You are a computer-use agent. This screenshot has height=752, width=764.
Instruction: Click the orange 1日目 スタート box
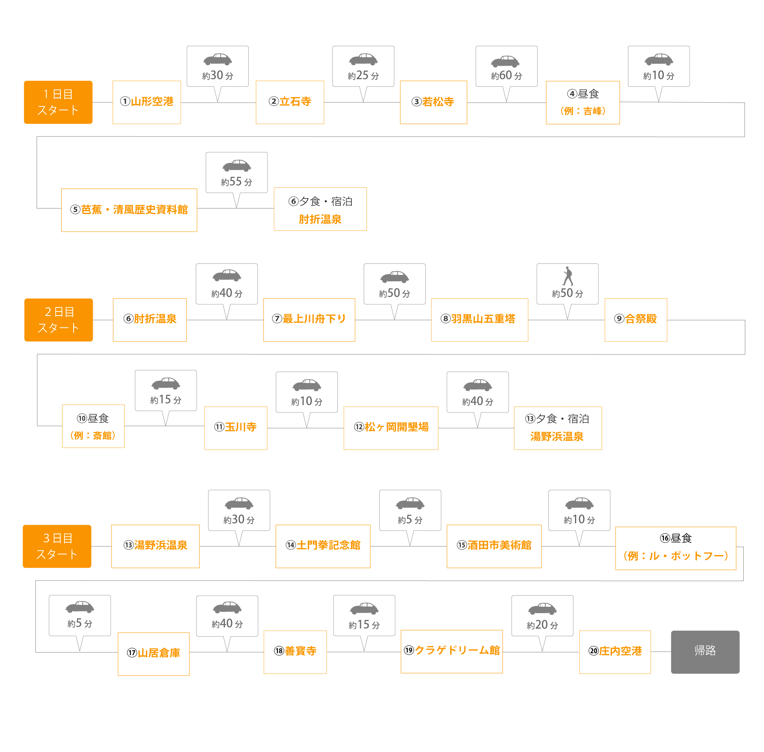[58, 102]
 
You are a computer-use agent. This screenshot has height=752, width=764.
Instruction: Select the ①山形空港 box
[146, 102]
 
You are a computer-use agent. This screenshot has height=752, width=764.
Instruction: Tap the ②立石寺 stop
[290, 102]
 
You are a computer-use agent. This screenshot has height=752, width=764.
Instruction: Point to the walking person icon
[568, 276]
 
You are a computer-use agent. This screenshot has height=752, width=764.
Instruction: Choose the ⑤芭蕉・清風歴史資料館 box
[129, 210]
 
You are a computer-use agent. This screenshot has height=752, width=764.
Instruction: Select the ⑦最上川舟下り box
[309, 320]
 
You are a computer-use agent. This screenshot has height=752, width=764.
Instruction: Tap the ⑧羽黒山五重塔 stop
[479, 320]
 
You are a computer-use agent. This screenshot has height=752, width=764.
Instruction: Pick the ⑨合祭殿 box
[635, 320]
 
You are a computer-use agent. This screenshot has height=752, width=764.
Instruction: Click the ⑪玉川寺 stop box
[236, 428]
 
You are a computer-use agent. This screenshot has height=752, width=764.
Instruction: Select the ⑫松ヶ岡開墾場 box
[391, 428]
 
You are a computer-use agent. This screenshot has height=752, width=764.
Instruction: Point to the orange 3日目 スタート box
[57, 546]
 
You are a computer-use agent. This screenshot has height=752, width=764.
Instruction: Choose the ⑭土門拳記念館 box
[323, 546]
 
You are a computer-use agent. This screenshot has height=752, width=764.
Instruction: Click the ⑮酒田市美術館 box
[494, 546]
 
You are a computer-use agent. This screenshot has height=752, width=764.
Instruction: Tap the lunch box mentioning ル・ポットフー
[675, 548]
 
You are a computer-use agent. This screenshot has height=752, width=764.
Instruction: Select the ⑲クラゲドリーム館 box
[451, 651]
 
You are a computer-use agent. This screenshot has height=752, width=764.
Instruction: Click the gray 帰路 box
[705, 652]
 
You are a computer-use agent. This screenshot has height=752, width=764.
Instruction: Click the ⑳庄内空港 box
[615, 652]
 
